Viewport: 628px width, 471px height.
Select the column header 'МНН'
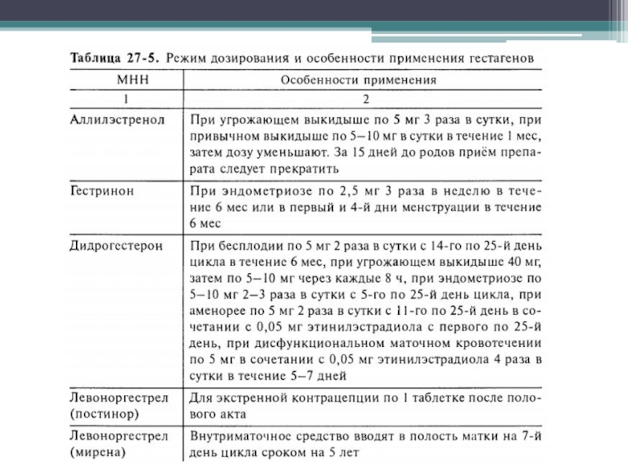(x=126, y=79)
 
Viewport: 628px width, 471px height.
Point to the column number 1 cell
(x=126, y=99)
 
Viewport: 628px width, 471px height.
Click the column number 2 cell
(x=361, y=99)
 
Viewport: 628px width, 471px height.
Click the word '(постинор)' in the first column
(x=100, y=412)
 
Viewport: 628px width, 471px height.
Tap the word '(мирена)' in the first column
(x=96, y=453)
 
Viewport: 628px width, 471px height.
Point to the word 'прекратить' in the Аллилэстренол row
(x=303, y=168)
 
